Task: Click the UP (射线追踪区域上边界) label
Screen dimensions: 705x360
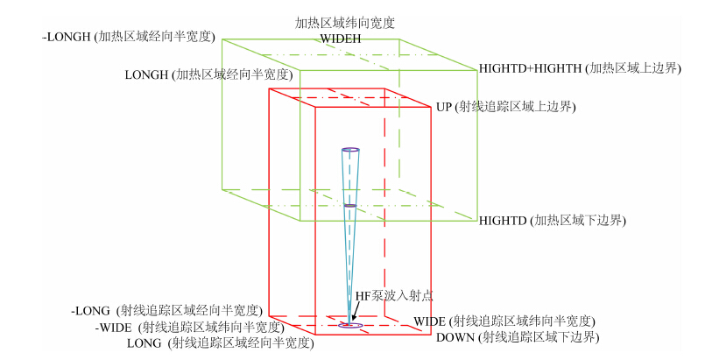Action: point(505,107)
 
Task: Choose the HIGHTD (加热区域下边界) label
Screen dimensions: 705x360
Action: point(552,220)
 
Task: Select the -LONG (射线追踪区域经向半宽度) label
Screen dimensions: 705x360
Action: point(166,310)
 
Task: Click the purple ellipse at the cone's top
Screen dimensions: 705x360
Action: point(350,151)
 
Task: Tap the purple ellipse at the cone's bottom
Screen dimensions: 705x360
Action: point(350,326)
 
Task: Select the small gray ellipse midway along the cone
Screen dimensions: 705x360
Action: point(350,206)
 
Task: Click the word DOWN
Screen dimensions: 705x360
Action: point(455,337)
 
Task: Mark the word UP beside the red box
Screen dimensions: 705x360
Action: point(444,107)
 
